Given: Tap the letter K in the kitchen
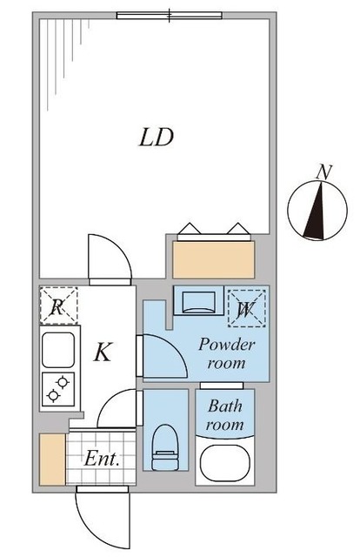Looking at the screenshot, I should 103,352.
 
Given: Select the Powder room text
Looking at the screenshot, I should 227,353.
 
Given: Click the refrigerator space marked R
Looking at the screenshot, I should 58,306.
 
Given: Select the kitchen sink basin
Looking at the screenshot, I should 59,350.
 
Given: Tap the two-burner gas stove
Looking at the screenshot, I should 59,390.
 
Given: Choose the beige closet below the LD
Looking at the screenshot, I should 214,258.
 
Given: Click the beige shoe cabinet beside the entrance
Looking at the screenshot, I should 51,459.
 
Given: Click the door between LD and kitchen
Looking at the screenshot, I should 110,259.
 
